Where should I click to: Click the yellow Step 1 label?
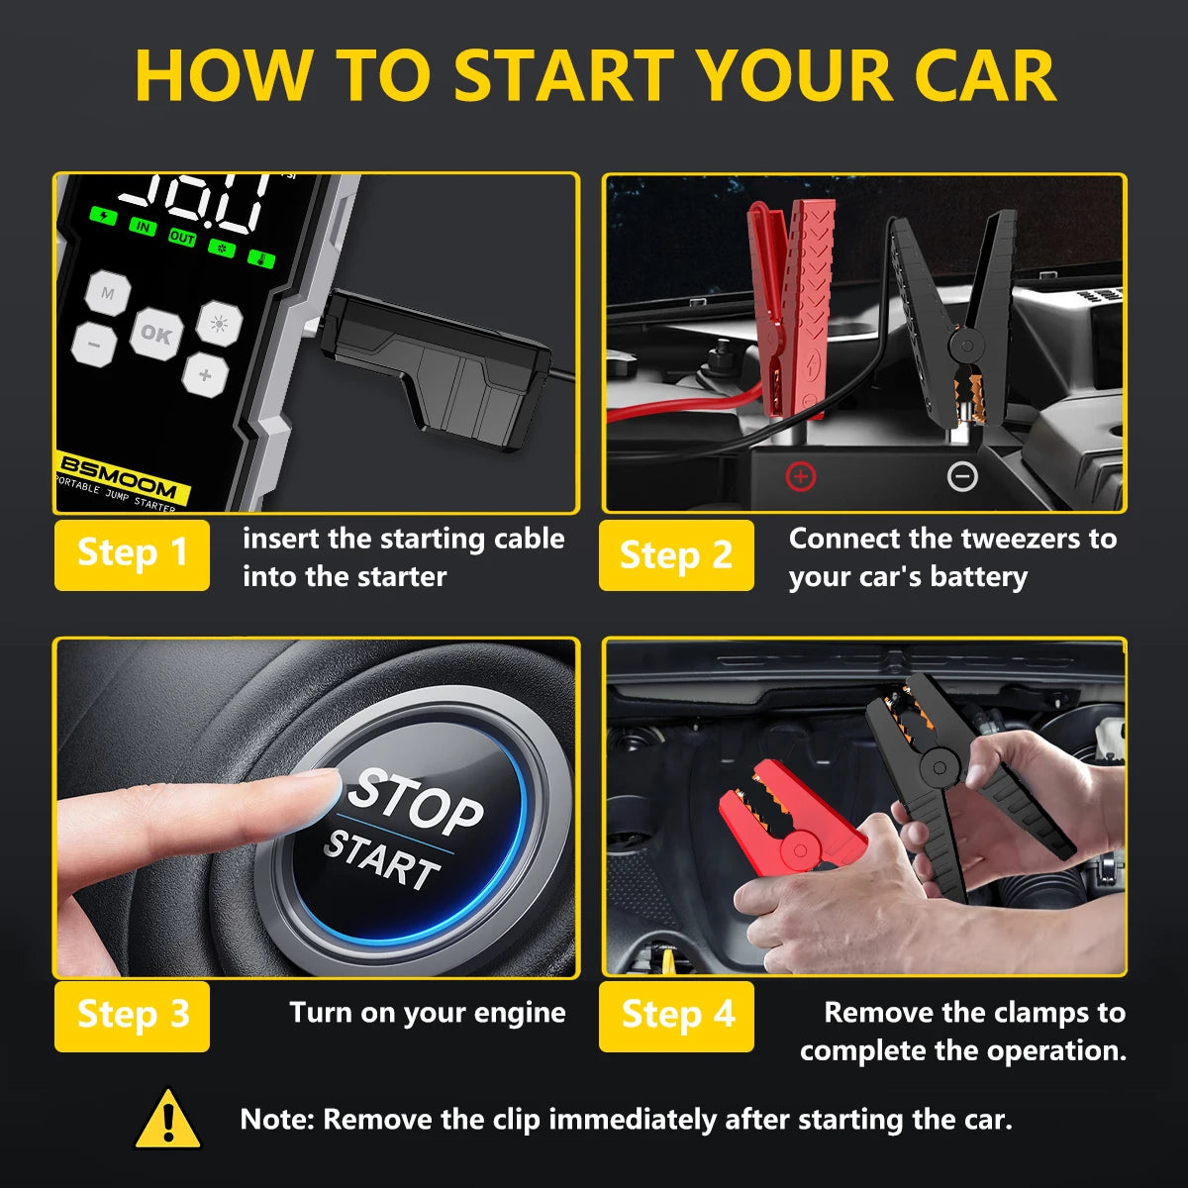coord(132,554)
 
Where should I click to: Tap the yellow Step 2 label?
coord(676,555)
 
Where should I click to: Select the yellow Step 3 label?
coord(132,1016)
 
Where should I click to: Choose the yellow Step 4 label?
coord(677,1016)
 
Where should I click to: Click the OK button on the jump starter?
coord(155,335)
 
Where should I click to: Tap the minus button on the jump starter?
coord(94,346)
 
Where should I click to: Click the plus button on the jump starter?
coord(205,375)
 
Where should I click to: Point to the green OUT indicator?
coord(182,238)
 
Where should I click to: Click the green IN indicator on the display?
coord(144,228)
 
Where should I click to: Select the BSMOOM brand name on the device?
coord(119,477)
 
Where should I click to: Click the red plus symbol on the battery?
coord(800,477)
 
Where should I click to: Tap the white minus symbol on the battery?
coord(962,477)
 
